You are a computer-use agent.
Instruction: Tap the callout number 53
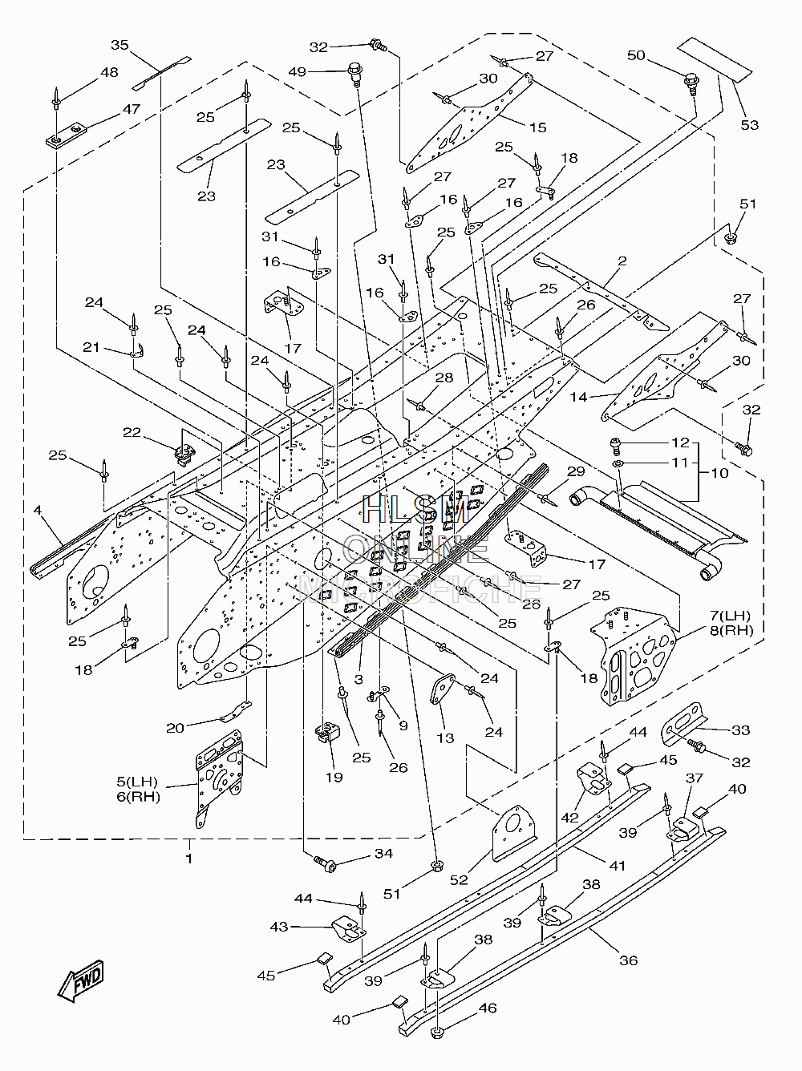750,125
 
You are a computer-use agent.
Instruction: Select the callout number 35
119,46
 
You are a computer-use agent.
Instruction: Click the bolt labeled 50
692,83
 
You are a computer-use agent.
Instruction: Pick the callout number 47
132,109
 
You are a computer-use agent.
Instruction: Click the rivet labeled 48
57,99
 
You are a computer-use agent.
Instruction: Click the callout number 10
719,473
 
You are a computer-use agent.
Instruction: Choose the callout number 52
459,879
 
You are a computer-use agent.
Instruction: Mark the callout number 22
132,432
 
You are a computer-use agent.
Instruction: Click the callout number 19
334,778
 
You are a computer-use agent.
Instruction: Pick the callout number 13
445,738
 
